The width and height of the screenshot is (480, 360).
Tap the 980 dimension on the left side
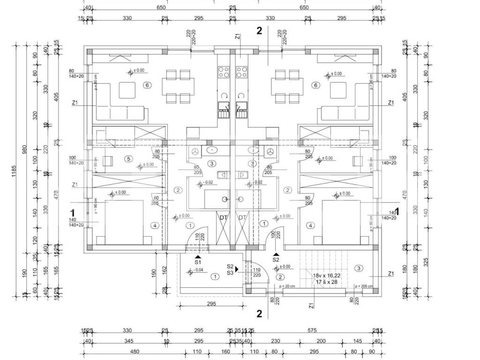point(24,150)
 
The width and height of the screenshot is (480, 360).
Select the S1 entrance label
point(198,262)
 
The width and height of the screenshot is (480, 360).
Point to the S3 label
point(230,272)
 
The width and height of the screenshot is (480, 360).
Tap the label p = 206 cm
point(364,286)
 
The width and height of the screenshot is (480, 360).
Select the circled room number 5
point(128,159)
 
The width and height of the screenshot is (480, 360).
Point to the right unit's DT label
point(242,217)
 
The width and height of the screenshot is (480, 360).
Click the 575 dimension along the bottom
point(311,330)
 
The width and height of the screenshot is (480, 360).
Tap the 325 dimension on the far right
point(426,262)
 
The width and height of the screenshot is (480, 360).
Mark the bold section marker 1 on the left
point(73,212)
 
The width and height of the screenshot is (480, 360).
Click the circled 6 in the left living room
point(147,85)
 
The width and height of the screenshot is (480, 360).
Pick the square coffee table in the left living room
point(127,90)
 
